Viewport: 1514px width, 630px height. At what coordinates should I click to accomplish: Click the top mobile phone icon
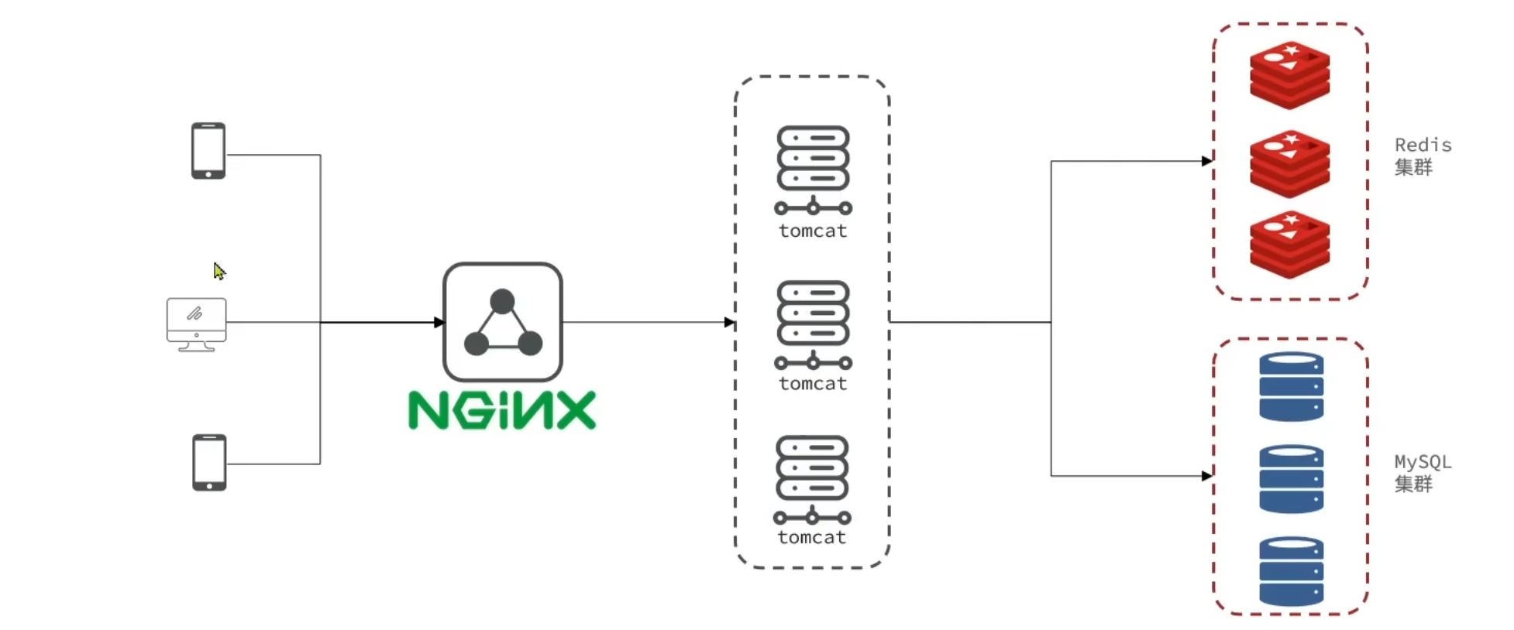click(208, 151)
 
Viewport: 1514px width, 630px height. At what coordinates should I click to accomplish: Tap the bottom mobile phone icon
click(209, 462)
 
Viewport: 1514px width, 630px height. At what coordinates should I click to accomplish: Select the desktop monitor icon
click(197, 324)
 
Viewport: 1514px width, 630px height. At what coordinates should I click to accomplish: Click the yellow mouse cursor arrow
click(219, 271)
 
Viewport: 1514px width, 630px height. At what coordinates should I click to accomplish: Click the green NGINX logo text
click(502, 410)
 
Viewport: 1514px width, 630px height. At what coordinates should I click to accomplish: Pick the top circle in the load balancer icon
click(502, 301)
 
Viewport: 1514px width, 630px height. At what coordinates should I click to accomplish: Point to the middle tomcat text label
click(813, 384)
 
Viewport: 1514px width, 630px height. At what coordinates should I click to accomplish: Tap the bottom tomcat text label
click(812, 538)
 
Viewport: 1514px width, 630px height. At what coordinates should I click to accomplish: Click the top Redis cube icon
click(1289, 75)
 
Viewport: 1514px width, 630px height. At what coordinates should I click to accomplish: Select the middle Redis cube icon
click(1289, 164)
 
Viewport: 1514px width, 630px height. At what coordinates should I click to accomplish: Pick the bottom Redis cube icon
click(1289, 245)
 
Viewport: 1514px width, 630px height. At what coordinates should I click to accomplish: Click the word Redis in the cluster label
click(1423, 146)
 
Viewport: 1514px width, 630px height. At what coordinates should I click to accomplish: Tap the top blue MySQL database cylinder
click(1291, 387)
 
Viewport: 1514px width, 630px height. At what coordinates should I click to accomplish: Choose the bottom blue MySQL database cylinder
click(1291, 571)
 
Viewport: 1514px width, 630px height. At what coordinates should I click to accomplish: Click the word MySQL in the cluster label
click(1423, 462)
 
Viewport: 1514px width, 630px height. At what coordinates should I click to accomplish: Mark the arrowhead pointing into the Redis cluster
click(1207, 161)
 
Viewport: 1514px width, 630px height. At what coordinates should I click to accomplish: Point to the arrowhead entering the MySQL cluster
click(1207, 476)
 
